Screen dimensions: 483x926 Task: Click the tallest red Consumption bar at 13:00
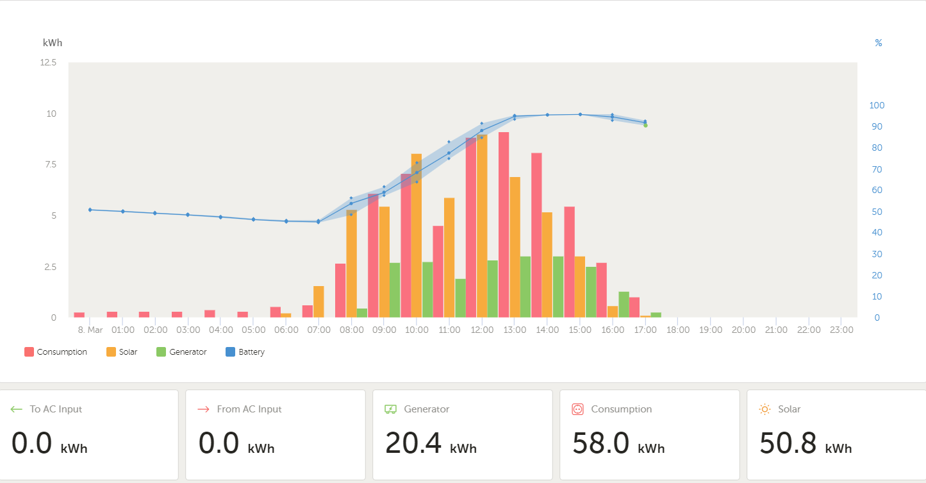504,225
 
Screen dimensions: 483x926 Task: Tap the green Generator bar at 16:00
624,304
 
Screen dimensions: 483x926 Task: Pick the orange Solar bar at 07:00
318,301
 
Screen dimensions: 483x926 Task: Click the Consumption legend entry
56,352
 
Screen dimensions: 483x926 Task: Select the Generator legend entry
182,352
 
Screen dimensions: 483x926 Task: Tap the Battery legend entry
245,352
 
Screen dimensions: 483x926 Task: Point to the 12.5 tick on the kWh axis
49,62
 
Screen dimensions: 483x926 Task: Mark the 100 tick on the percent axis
876,105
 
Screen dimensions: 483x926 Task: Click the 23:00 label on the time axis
841,330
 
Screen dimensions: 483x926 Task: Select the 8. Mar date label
90,330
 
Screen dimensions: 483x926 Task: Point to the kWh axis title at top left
53,43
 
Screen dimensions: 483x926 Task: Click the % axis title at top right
878,43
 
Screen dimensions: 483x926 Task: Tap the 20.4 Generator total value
413,443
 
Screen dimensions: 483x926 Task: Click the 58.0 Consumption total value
600,443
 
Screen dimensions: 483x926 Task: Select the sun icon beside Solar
765,409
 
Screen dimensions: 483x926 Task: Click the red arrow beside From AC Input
204,409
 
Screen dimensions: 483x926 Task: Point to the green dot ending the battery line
645,125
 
